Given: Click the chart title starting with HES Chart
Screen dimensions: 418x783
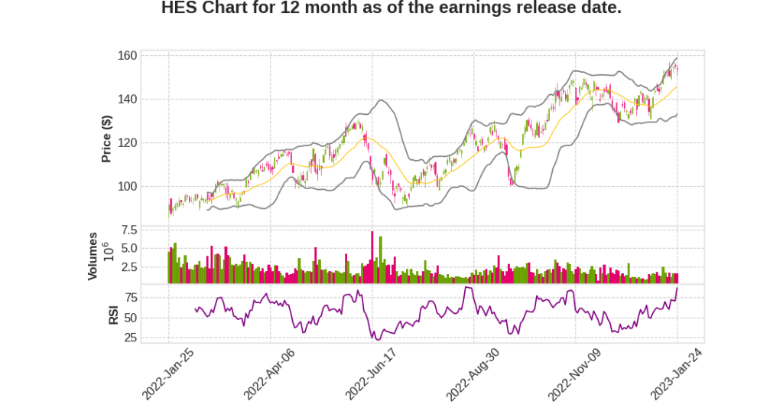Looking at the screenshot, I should point(391,9).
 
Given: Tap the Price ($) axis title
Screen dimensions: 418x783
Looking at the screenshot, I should point(107,139).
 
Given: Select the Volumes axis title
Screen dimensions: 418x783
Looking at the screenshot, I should point(93,256).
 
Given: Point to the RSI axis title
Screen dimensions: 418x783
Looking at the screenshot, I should point(113,314).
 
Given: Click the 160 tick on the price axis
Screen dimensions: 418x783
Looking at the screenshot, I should point(127,56).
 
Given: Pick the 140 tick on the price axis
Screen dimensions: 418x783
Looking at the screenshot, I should point(127,100).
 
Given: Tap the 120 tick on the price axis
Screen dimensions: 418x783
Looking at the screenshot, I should point(127,143).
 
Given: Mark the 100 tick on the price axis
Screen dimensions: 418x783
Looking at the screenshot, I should point(127,187).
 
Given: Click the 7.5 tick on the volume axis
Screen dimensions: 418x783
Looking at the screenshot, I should point(128,230).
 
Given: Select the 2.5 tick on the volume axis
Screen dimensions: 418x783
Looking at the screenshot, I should point(128,267).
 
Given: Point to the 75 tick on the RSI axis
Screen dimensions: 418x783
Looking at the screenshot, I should point(131,298).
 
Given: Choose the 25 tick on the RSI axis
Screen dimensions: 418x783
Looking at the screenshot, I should point(131,338).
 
